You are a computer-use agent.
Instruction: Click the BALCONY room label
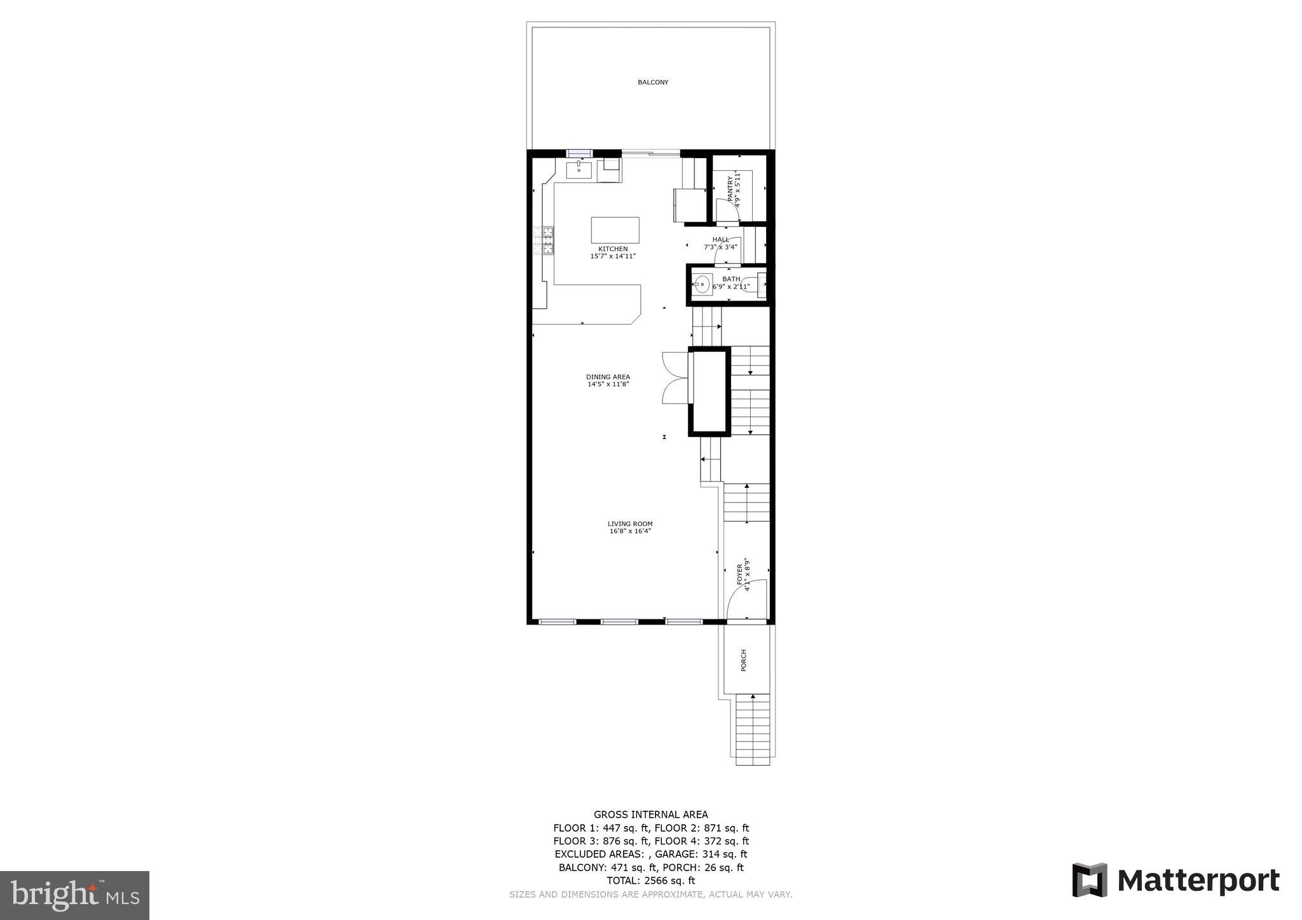click(653, 83)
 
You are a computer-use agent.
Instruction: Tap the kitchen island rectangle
click(615, 229)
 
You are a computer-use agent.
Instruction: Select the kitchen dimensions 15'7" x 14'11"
click(613, 257)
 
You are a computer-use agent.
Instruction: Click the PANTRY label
click(730, 189)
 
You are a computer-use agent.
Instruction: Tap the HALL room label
click(721, 240)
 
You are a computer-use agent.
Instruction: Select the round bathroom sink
click(702, 284)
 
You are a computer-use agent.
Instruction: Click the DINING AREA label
click(608, 377)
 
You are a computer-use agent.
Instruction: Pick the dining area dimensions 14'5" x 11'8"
click(608, 384)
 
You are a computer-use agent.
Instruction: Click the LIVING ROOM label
click(630, 524)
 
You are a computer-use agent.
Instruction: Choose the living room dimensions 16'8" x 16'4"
click(630, 531)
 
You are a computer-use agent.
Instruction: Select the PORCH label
click(744, 660)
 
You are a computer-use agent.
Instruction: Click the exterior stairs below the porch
click(753, 731)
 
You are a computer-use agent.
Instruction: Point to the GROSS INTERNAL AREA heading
click(650, 815)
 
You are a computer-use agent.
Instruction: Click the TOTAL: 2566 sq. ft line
click(650, 881)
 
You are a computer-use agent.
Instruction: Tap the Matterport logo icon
click(1090, 880)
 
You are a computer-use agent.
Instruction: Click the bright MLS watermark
click(74, 895)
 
